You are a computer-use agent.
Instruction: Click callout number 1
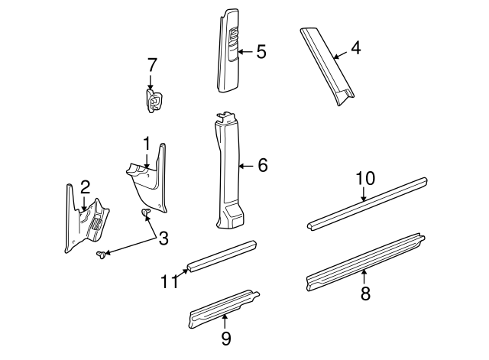point(145,143)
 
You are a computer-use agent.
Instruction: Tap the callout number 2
point(85,186)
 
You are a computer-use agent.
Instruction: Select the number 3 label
point(163,238)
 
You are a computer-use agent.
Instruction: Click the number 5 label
point(261,52)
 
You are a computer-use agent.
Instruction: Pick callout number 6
point(262,165)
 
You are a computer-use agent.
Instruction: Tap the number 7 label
point(151,65)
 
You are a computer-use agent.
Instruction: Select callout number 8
point(365,294)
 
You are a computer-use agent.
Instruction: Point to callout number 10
point(365,179)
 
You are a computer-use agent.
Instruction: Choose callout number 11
point(170,281)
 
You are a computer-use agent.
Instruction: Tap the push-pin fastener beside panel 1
point(145,212)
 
